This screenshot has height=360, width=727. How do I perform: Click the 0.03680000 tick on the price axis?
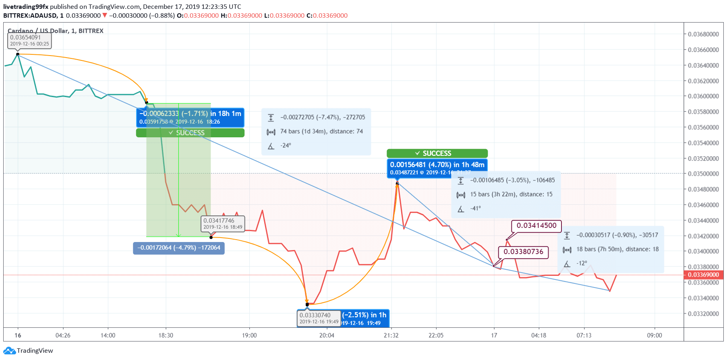703,34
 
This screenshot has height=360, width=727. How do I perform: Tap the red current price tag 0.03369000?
703,275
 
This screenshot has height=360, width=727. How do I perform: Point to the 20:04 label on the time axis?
327,335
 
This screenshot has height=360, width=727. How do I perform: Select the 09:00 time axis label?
655,335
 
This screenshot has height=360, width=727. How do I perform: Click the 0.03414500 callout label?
536,226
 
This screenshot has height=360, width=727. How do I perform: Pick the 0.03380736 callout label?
524,252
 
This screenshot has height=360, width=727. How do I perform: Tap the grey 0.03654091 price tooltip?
29,40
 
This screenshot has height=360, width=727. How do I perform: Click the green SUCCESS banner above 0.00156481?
437,153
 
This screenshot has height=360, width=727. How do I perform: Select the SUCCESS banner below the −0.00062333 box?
190,133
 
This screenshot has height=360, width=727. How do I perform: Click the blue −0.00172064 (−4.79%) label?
179,248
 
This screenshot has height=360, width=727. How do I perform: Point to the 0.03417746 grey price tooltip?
223,223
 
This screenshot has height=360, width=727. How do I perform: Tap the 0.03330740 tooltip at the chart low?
319,318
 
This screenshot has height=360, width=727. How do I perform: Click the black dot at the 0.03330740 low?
307,304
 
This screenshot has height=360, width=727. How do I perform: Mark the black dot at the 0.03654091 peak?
18,54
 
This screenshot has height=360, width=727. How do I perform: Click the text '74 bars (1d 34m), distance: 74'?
321,131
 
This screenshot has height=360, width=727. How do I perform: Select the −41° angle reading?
476,208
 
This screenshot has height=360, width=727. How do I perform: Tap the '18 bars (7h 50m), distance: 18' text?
617,249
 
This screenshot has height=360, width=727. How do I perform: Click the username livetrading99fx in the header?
26,6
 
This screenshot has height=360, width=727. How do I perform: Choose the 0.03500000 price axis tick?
703,174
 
